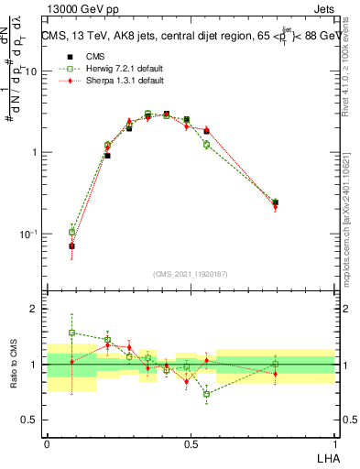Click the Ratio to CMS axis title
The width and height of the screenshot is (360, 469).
coord(12,365)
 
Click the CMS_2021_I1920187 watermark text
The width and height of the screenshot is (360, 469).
coord(190,273)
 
